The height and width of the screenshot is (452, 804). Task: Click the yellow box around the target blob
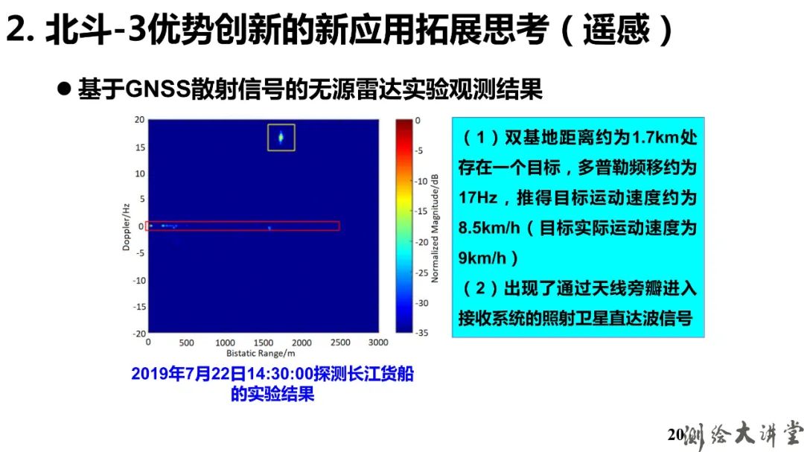268,138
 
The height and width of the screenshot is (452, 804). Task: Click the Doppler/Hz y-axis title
126,227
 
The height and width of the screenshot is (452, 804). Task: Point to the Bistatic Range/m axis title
261,353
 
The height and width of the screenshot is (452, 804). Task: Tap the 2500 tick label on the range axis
340,343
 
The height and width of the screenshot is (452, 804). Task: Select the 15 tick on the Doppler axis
140,147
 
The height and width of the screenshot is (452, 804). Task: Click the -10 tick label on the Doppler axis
139,280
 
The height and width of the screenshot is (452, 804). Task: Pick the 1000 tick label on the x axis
225,343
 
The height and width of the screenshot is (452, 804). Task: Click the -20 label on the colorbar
421,242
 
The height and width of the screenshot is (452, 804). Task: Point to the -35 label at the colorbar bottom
421,332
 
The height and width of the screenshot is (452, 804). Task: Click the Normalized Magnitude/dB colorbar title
435,229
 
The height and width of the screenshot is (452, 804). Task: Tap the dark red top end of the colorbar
404,121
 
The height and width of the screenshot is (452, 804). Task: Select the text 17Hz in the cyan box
477,197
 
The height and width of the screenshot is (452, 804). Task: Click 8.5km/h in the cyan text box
489,228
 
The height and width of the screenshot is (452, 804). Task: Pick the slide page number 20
675,435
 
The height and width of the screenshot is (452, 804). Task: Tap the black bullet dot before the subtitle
64,89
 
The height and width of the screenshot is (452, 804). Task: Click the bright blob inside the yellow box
281,137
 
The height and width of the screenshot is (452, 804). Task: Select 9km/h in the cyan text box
482,258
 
